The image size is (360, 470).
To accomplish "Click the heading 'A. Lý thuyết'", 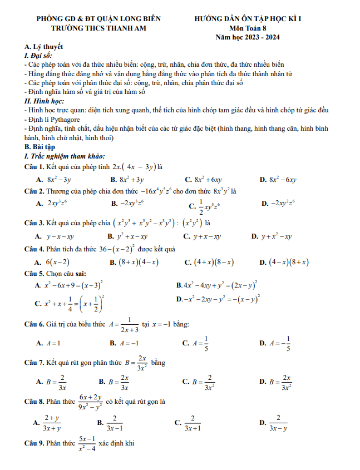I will pos(44,47).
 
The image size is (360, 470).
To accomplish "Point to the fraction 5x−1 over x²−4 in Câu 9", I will pos(87,443).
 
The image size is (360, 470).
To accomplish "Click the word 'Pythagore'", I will pos(63,120).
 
